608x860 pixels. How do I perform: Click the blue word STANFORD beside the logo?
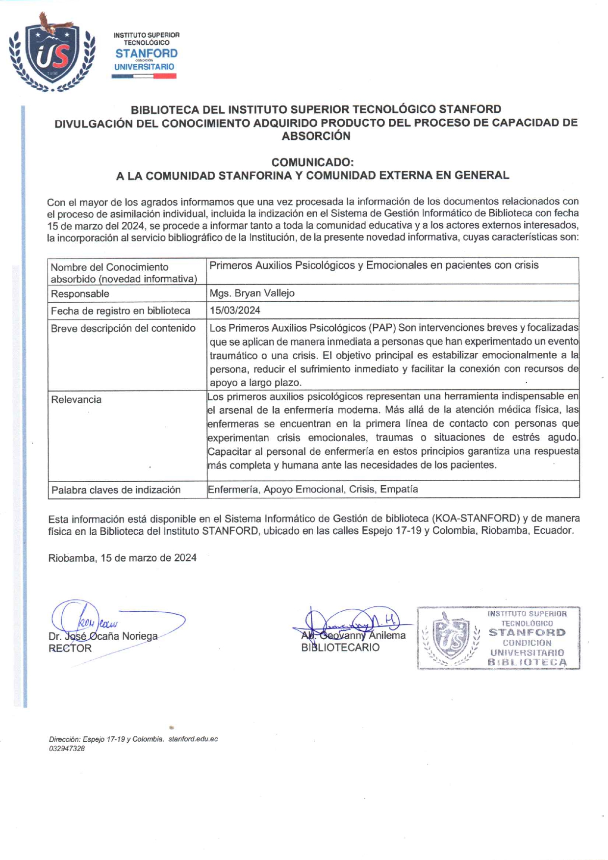pyautogui.click(x=146, y=53)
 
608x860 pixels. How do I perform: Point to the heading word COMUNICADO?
pyautogui.click(x=312, y=162)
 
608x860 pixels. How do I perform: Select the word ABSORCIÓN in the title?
pyautogui.click(x=316, y=136)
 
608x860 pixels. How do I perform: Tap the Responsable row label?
pyautogui.click(x=80, y=294)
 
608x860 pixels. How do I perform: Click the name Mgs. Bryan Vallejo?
pyautogui.click(x=252, y=293)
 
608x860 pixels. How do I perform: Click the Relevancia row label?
pyautogui.click(x=76, y=400)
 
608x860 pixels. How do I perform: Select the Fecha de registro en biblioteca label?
pyautogui.click(x=120, y=311)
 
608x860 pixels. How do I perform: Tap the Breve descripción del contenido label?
pyautogui.click(x=123, y=328)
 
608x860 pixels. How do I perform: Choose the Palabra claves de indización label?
pyautogui.click(x=116, y=490)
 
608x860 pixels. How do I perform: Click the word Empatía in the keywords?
pyautogui.click(x=399, y=490)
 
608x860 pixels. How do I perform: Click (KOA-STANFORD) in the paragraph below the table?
pyautogui.click(x=475, y=519)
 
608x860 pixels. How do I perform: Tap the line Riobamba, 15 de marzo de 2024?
pyautogui.click(x=122, y=558)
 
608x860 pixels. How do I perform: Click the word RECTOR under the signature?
pyautogui.click(x=70, y=649)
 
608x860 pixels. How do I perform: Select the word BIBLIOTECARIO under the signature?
pyautogui.click(x=340, y=648)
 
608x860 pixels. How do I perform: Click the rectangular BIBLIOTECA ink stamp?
pyautogui.click(x=498, y=638)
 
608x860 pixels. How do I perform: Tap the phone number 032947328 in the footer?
pyautogui.click(x=67, y=749)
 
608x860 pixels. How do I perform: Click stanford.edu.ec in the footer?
pyautogui.click(x=193, y=739)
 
